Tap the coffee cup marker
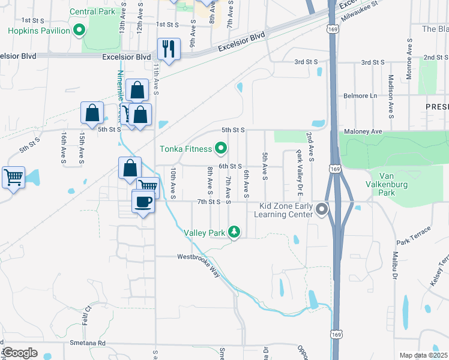pos(142,202)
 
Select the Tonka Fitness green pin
pos(221,148)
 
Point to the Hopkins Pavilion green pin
pos(79,30)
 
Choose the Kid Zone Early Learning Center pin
pos(322,209)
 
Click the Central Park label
pos(92,11)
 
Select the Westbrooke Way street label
pos(198,257)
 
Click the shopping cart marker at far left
pos(14,177)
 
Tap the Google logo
pos(19,353)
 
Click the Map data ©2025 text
pos(423,355)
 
